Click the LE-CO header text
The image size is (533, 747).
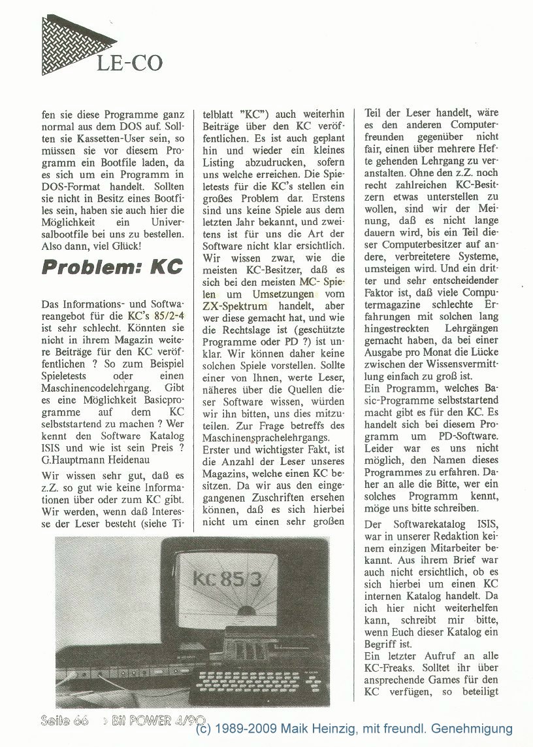pyautogui.click(x=129, y=63)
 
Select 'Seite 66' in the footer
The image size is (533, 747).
pyautogui.click(x=64, y=720)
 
